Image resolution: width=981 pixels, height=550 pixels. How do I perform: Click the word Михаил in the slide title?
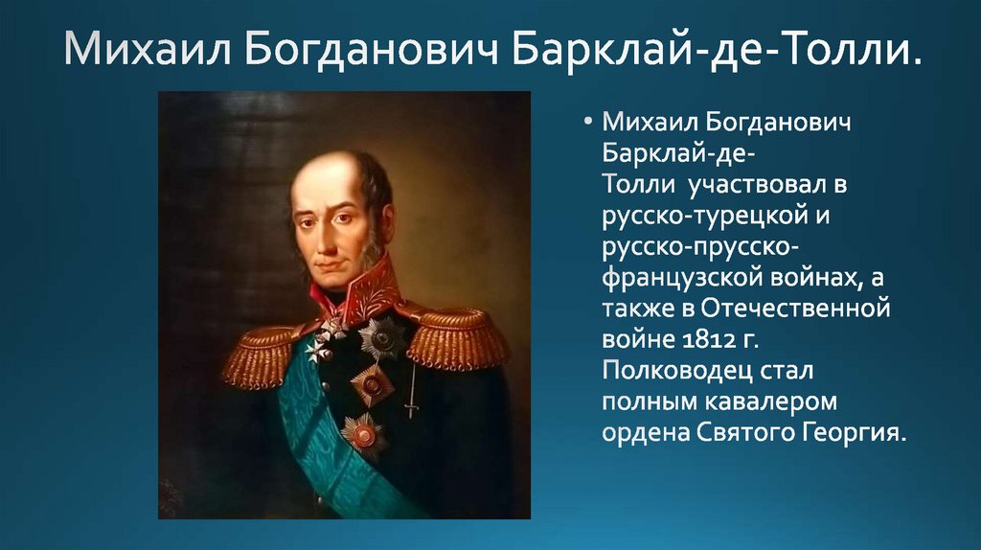click(x=148, y=49)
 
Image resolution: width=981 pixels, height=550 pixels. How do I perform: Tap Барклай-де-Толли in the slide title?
click(x=710, y=50)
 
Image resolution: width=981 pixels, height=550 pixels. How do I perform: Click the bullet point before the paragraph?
click(x=587, y=121)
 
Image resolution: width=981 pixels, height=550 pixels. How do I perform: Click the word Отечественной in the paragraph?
click(x=795, y=308)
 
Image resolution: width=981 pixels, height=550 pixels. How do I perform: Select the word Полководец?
click(x=677, y=371)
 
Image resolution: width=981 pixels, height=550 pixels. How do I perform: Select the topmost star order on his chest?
click(x=381, y=339)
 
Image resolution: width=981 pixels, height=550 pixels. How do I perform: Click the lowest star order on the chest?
click(x=363, y=434)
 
